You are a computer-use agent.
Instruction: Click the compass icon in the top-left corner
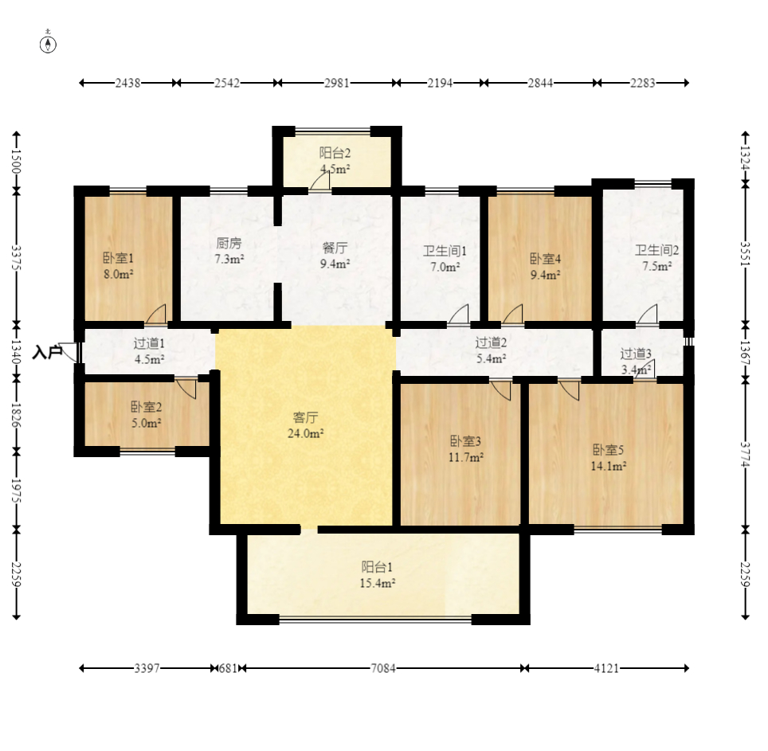(48, 45)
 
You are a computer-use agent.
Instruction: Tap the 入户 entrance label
(47, 352)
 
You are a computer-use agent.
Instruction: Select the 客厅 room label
(305, 417)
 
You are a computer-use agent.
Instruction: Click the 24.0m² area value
(305, 433)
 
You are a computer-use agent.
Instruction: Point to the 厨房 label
(229, 244)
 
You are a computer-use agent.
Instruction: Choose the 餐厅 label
(335, 248)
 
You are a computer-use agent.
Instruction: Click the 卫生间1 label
(445, 251)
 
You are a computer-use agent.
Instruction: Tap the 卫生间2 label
(656, 251)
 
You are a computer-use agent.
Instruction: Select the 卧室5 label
(608, 450)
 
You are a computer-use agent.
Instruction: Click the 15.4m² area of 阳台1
(377, 583)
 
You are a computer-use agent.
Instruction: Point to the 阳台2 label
(335, 153)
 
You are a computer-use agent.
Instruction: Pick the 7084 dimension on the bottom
(382, 668)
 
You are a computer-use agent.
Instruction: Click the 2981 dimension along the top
(336, 84)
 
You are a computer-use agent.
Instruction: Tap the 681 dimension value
(228, 668)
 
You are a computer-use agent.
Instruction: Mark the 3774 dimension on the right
(745, 454)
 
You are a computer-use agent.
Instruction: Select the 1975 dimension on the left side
(16, 491)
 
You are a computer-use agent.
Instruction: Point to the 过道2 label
(491, 342)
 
